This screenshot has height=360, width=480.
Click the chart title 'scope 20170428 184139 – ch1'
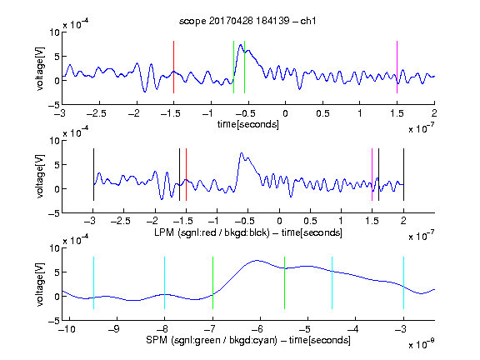click(247, 21)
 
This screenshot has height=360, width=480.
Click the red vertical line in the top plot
click(173, 67)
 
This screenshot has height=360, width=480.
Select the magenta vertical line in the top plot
click(397, 67)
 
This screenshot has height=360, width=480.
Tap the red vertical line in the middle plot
click(186, 174)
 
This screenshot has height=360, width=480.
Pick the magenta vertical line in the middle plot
click(372, 174)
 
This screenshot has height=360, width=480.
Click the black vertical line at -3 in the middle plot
click(93, 174)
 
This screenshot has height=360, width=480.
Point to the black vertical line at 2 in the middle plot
click(403, 174)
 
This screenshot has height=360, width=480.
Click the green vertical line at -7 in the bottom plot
click(212, 282)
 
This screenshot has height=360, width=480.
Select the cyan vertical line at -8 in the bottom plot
click(164, 282)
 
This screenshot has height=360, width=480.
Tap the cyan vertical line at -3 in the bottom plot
click(403, 282)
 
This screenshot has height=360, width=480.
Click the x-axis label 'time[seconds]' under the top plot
click(248, 124)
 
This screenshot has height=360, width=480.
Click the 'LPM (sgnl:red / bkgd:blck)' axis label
click(212, 232)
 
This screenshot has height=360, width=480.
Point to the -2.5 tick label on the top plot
click(97, 113)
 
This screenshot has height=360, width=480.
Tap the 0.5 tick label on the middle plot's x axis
click(310, 221)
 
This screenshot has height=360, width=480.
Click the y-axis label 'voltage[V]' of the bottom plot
click(40, 284)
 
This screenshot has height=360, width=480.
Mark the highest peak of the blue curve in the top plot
click(241, 45)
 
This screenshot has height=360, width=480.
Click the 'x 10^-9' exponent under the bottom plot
click(421, 344)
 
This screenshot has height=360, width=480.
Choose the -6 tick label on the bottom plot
click(257, 329)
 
